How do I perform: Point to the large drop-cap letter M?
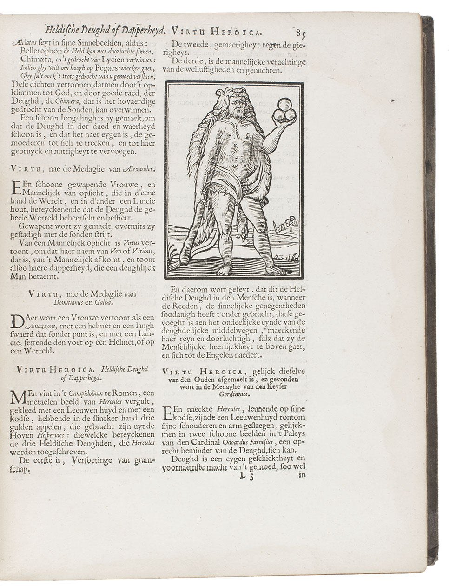click(17, 398)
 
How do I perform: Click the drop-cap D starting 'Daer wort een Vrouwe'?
click(17, 322)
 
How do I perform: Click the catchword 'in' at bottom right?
click(302, 475)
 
